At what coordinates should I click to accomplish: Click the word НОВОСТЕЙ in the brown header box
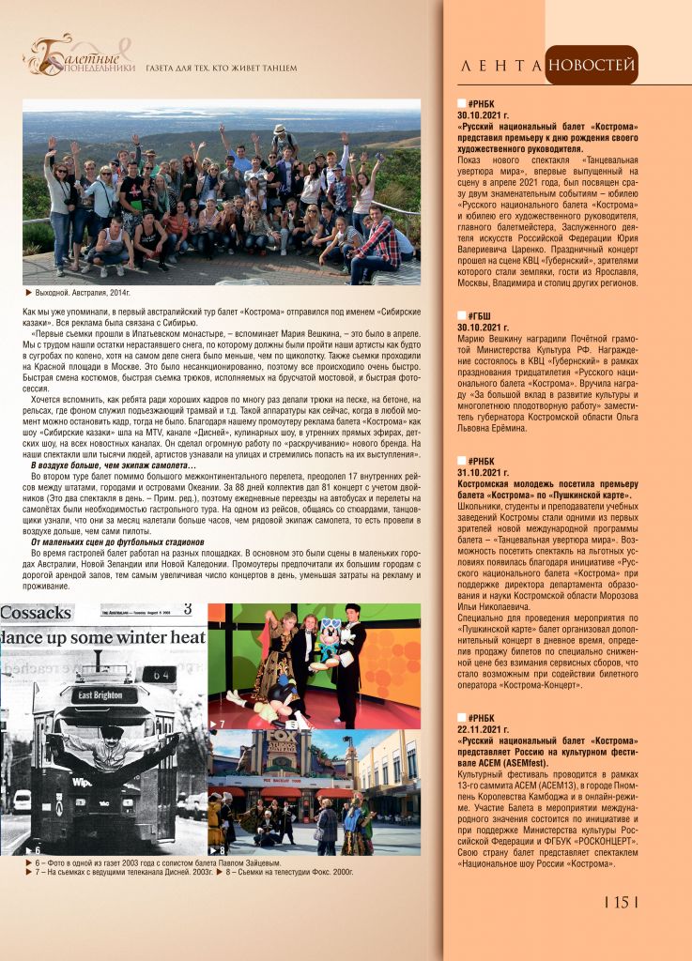point(591,66)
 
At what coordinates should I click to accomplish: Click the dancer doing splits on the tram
point(108,751)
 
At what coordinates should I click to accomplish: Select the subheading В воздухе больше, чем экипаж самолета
point(113,466)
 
